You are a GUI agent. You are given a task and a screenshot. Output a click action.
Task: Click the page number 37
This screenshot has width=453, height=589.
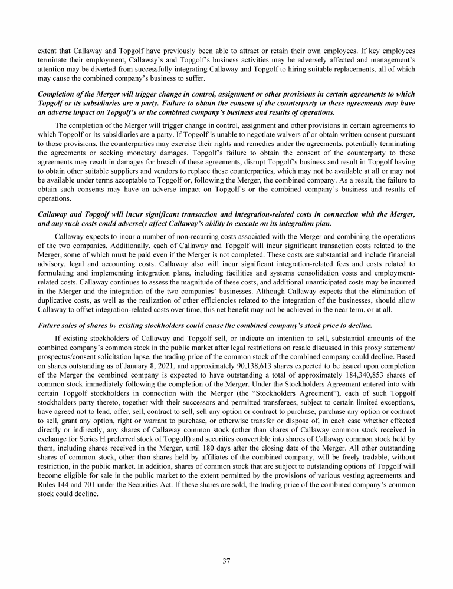pyautogui.click(x=226, y=560)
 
